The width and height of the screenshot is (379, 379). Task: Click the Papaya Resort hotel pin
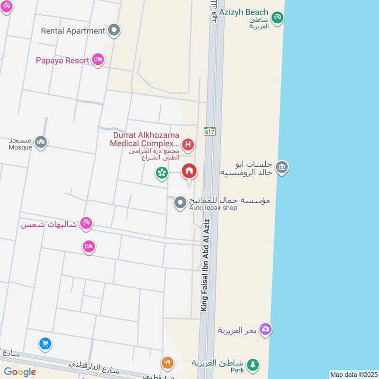pyautogui.click(x=98, y=60)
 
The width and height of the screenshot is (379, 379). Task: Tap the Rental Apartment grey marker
pyautogui.click(x=114, y=31)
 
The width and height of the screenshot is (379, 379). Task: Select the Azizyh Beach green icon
pyautogui.click(x=278, y=17)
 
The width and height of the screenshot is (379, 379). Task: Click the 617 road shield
pyautogui.click(x=210, y=131)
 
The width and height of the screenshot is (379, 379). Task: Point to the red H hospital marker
pyautogui.click(x=188, y=144)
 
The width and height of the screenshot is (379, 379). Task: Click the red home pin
pyautogui.click(x=189, y=171)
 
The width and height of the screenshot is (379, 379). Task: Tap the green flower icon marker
pyautogui.click(x=162, y=173)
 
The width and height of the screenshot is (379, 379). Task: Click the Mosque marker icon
pyautogui.click(x=41, y=141)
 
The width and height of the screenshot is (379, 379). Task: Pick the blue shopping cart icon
pyautogui.click(x=45, y=343)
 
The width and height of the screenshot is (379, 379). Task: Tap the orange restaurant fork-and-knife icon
pyautogui.click(x=167, y=363)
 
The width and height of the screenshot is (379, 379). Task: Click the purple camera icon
pyautogui.click(x=266, y=329)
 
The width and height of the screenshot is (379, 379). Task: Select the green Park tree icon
pyautogui.click(x=253, y=364)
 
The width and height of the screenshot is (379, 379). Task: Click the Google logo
pyautogui.click(x=20, y=372)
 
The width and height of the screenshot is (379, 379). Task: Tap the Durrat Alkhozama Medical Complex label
pyautogui.click(x=144, y=139)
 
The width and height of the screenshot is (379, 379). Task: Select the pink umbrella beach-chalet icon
pyautogui.click(x=86, y=223)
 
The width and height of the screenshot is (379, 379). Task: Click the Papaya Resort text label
pyautogui.click(x=63, y=61)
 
